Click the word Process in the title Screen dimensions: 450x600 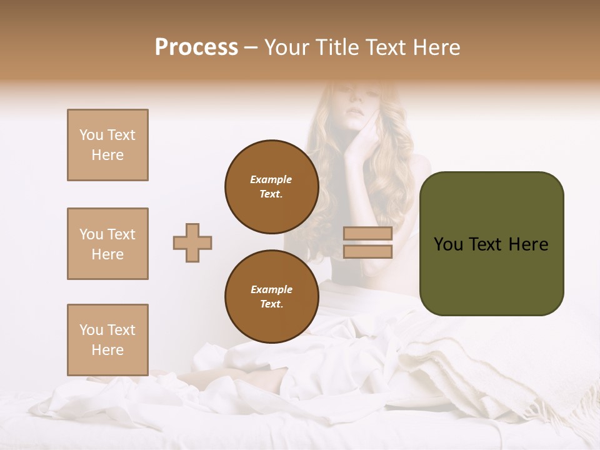(196, 47)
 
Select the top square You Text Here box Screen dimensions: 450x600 (107, 145)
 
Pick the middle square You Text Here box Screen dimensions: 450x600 (107, 244)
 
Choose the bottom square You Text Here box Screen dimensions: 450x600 (107, 340)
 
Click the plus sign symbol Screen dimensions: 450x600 (192, 242)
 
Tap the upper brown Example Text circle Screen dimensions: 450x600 (271, 187)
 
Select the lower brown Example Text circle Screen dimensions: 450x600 (271, 297)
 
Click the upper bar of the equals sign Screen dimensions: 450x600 (367, 234)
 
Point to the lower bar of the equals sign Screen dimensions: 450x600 (367, 251)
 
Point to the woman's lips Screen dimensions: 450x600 (354, 111)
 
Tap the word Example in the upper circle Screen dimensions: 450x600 (271, 179)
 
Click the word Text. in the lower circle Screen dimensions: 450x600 (271, 304)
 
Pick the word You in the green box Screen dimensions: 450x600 (448, 244)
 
